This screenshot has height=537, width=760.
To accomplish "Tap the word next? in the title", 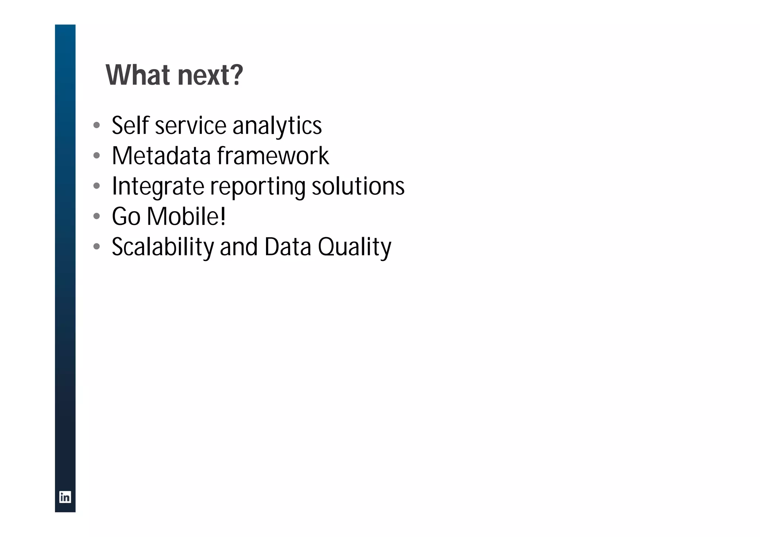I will [x=210, y=75].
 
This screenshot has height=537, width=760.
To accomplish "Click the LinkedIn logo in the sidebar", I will [x=65, y=497].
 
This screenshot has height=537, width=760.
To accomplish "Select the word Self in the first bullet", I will [x=130, y=125].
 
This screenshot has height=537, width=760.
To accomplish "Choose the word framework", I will [x=273, y=155].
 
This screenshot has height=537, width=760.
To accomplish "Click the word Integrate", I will [x=158, y=186].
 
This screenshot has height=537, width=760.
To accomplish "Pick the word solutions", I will [x=358, y=186].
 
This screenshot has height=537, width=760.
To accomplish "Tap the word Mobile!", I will [x=186, y=216].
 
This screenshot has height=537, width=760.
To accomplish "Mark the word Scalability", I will [x=163, y=247].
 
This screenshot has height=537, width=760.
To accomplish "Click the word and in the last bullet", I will [x=239, y=247].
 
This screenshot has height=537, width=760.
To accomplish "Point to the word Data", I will [x=288, y=247].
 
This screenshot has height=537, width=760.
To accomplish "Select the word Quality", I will [x=354, y=248].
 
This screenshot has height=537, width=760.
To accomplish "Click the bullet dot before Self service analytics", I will [x=97, y=125].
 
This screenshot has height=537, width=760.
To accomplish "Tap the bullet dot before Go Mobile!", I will [x=97, y=216].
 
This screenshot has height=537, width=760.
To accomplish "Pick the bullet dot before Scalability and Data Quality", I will [x=97, y=246].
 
